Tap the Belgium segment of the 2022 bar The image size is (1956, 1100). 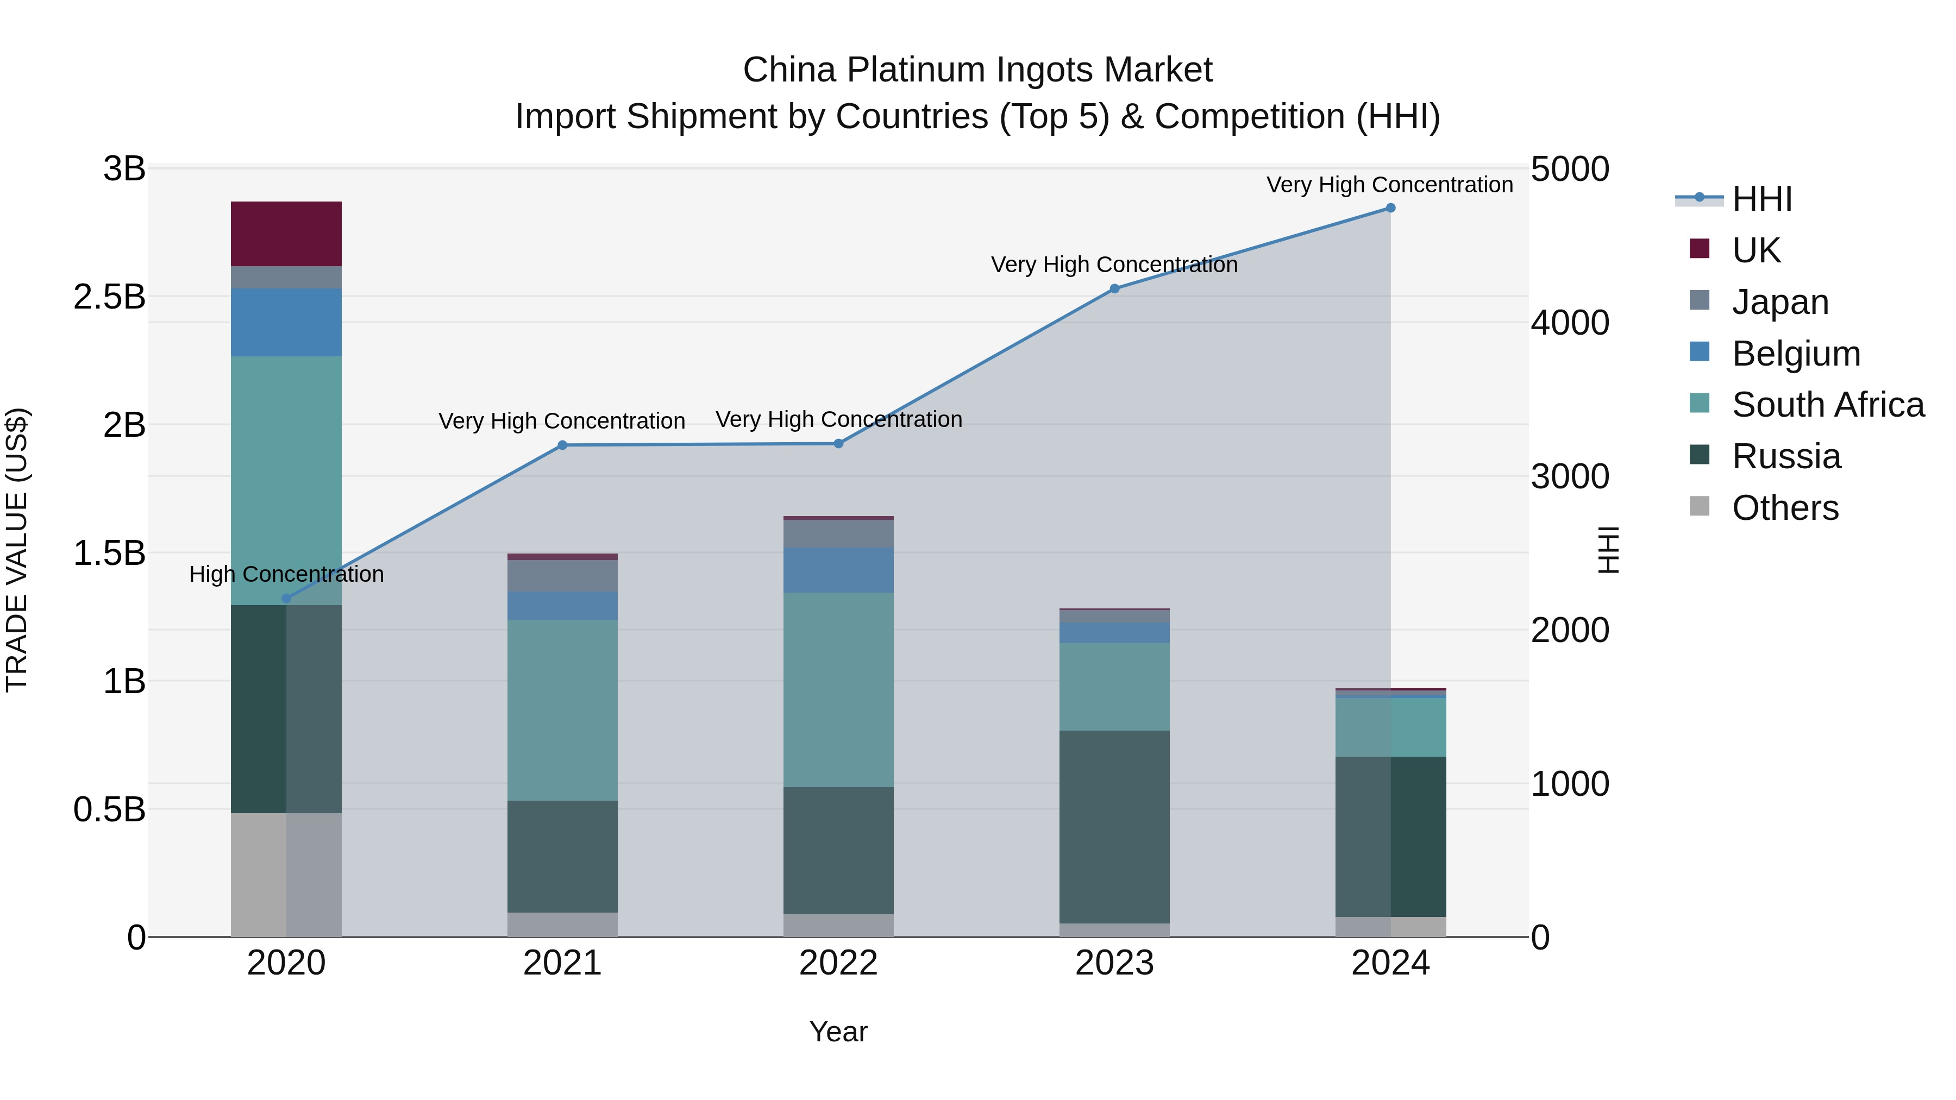[x=838, y=570]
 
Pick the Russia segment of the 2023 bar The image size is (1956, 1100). [x=1114, y=827]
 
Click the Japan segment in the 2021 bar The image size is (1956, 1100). [x=562, y=575]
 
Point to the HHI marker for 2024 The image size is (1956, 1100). [x=1390, y=208]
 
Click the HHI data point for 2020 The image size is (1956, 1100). [x=286, y=598]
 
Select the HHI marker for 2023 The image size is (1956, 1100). [x=1114, y=288]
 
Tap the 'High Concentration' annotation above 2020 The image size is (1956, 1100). [x=286, y=574]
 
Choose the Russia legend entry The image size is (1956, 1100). [x=1786, y=456]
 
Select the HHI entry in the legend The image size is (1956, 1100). [x=1761, y=199]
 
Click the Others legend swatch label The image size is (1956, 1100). [x=1784, y=508]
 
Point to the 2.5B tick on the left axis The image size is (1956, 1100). [x=109, y=297]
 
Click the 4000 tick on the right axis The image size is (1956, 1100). [x=1569, y=323]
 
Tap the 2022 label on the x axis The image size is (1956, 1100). [x=838, y=963]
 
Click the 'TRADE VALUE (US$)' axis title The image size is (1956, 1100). [x=17, y=550]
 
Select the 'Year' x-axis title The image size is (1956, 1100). [x=838, y=1032]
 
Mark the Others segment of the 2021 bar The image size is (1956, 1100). [x=562, y=924]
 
